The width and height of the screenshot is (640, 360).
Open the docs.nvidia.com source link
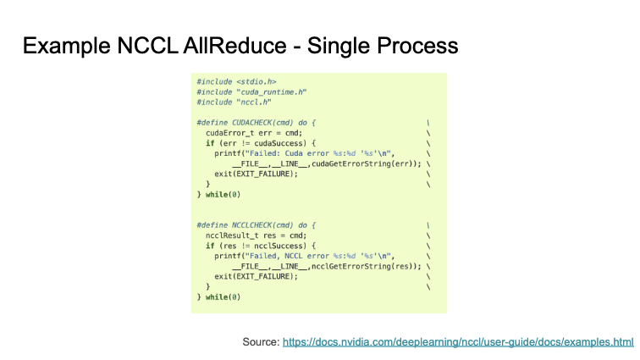(x=458, y=341)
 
